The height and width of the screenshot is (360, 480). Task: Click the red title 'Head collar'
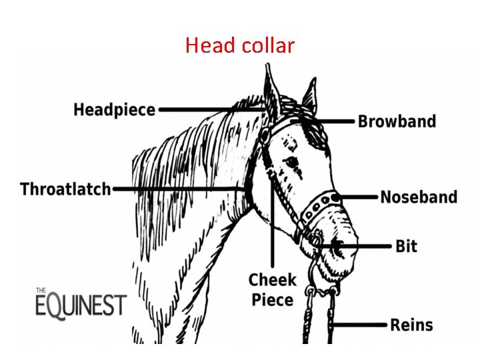(x=239, y=45)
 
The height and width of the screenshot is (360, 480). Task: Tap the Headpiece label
(x=114, y=110)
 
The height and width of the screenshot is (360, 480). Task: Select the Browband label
(x=397, y=121)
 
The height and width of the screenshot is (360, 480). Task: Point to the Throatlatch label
(x=65, y=189)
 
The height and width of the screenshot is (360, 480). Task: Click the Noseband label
(x=419, y=197)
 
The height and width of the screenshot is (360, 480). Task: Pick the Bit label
(x=406, y=246)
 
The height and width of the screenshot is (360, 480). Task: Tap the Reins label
(x=411, y=325)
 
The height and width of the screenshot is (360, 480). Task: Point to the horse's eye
(x=291, y=162)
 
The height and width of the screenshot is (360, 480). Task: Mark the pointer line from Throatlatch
(x=180, y=189)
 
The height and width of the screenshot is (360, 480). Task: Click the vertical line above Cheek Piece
(x=272, y=227)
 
